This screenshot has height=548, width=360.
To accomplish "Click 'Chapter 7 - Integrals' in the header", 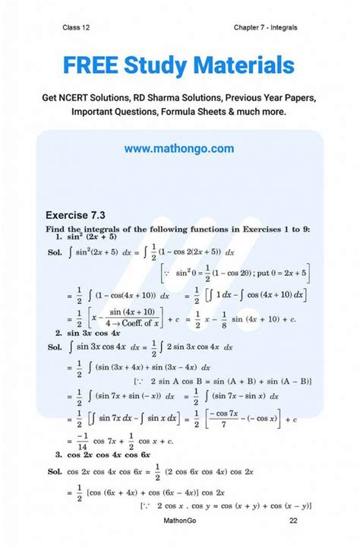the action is coord(266,27).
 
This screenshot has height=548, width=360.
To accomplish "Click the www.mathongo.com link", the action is coord(179,149).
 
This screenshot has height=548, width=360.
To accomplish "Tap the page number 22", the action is coord(293,537).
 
